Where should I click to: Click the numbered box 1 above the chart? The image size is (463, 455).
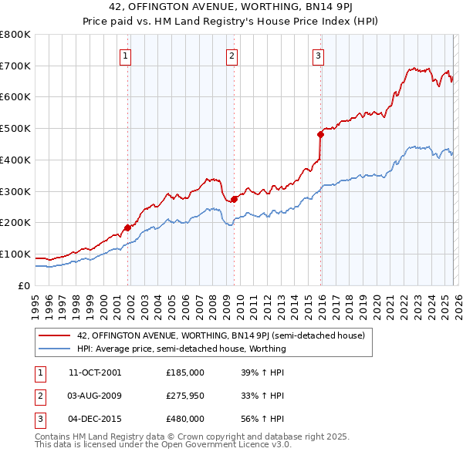click(x=125, y=55)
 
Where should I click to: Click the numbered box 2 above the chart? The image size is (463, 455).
click(x=231, y=55)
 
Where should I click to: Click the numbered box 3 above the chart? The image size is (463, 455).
click(x=318, y=55)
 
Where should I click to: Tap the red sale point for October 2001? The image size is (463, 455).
click(x=128, y=227)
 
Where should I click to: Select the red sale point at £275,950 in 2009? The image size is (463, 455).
click(x=234, y=199)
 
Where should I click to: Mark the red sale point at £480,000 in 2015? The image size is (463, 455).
click(x=320, y=134)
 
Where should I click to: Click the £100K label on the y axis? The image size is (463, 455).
click(x=15, y=254)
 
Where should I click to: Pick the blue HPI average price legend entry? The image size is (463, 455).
click(x=181, y=349)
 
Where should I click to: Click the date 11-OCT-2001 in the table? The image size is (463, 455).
click(x=95, y=372)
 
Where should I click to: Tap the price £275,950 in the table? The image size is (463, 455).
click(x=185, y=396)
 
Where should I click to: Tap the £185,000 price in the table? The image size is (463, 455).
click(x=185, y=372)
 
